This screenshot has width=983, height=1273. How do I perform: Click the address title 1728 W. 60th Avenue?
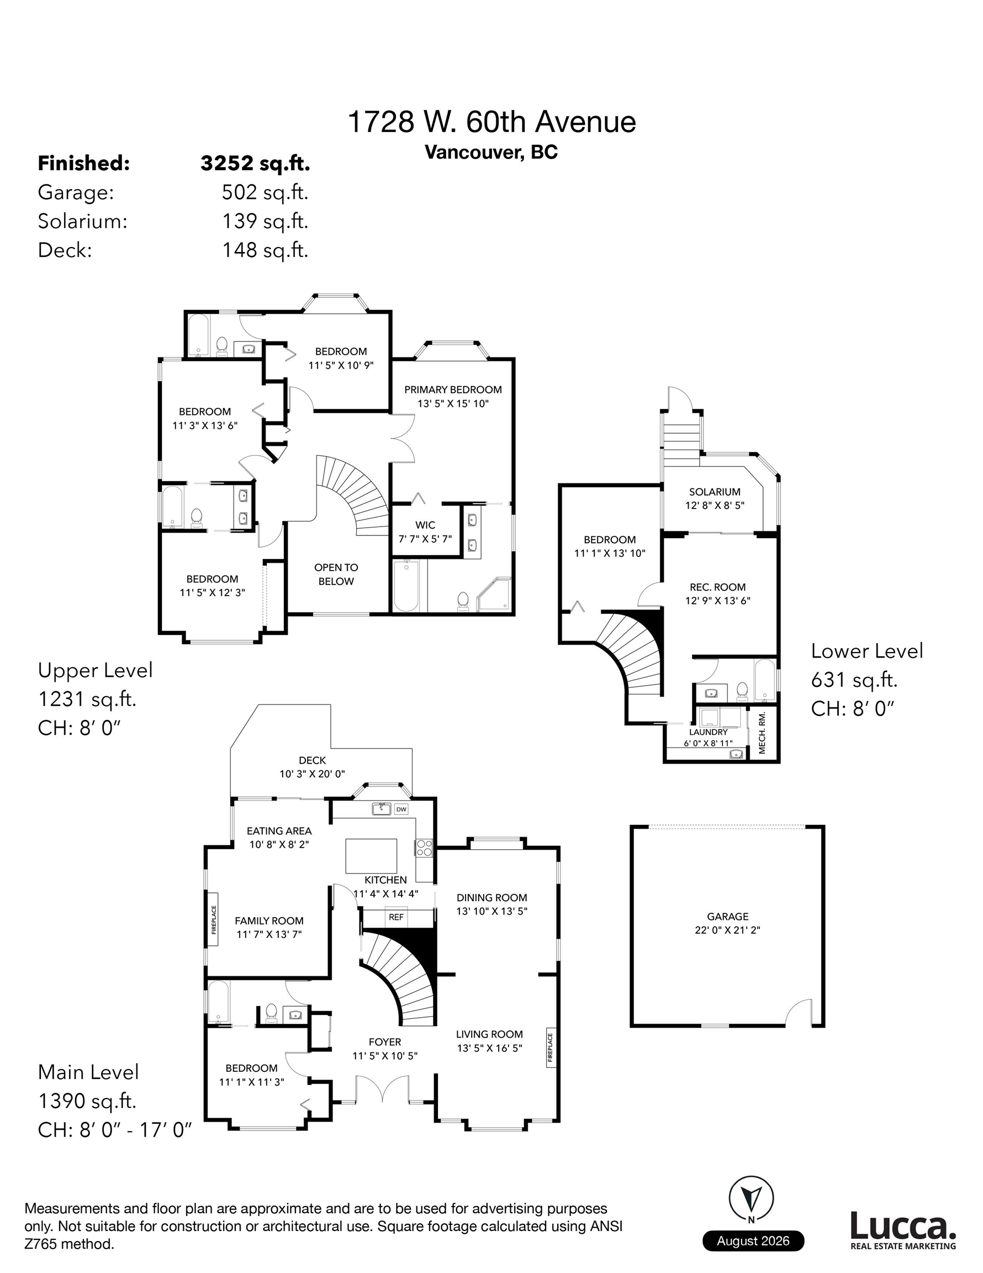point(491,122)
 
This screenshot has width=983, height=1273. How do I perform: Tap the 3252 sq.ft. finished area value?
point(255,164)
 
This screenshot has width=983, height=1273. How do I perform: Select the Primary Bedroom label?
point(453,390)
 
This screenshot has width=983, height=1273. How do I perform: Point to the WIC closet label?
point(425,525)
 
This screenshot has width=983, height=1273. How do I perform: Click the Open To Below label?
point(336,574)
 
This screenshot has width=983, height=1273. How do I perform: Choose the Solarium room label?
point(715,492)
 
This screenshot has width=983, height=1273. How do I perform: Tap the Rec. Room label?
point(718,587)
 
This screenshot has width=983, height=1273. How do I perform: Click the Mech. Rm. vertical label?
point(763,733)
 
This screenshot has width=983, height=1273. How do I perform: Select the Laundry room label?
point(709,732)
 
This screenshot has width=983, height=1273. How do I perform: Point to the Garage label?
point(728,916)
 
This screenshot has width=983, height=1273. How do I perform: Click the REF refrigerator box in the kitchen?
point(396,917)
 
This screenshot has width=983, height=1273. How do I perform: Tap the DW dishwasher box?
point(401,809)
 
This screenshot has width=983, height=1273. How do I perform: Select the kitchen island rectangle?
point(371,856)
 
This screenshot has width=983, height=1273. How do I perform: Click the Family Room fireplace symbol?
point(213,919)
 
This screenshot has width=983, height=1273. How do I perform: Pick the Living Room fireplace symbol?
point(550,1049)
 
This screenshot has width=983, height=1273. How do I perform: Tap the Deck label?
point(313,760)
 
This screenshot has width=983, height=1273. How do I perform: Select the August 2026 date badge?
point(753,1241)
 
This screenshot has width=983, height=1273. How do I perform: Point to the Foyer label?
point(385,1041)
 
